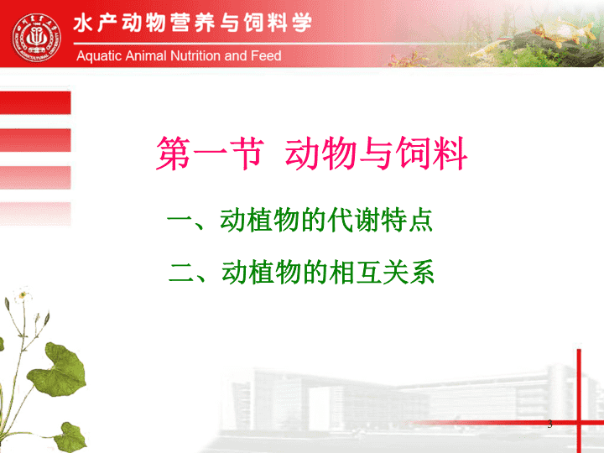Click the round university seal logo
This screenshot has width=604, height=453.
pyautogui.click(x=37, y=38)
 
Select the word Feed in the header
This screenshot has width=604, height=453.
pyautogui.click(x=266, y=56)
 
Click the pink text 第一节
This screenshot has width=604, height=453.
pyautogui.click(x=210, y=154)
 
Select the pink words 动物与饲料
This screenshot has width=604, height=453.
pyautogui.click(x=376, y=154)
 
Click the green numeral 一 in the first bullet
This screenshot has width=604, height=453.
pyautogui.click(x=180, y=221)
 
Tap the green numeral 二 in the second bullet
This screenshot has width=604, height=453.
pyautogui.click(x=181, y=273)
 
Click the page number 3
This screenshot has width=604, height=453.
pyautogui.click(x=549, y=424)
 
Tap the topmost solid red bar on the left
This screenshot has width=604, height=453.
pyautogui.click(x=35, y=103)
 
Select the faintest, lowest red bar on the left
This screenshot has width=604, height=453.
pyautogui.click(x=35, y=214)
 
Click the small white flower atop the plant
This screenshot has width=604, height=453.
pyautogui.click(x=23, y=294)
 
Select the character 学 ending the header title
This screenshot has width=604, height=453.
pyautogui.click(x=302, y=23)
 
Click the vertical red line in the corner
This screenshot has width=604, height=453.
pyautogui.click(x=579, y=401)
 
